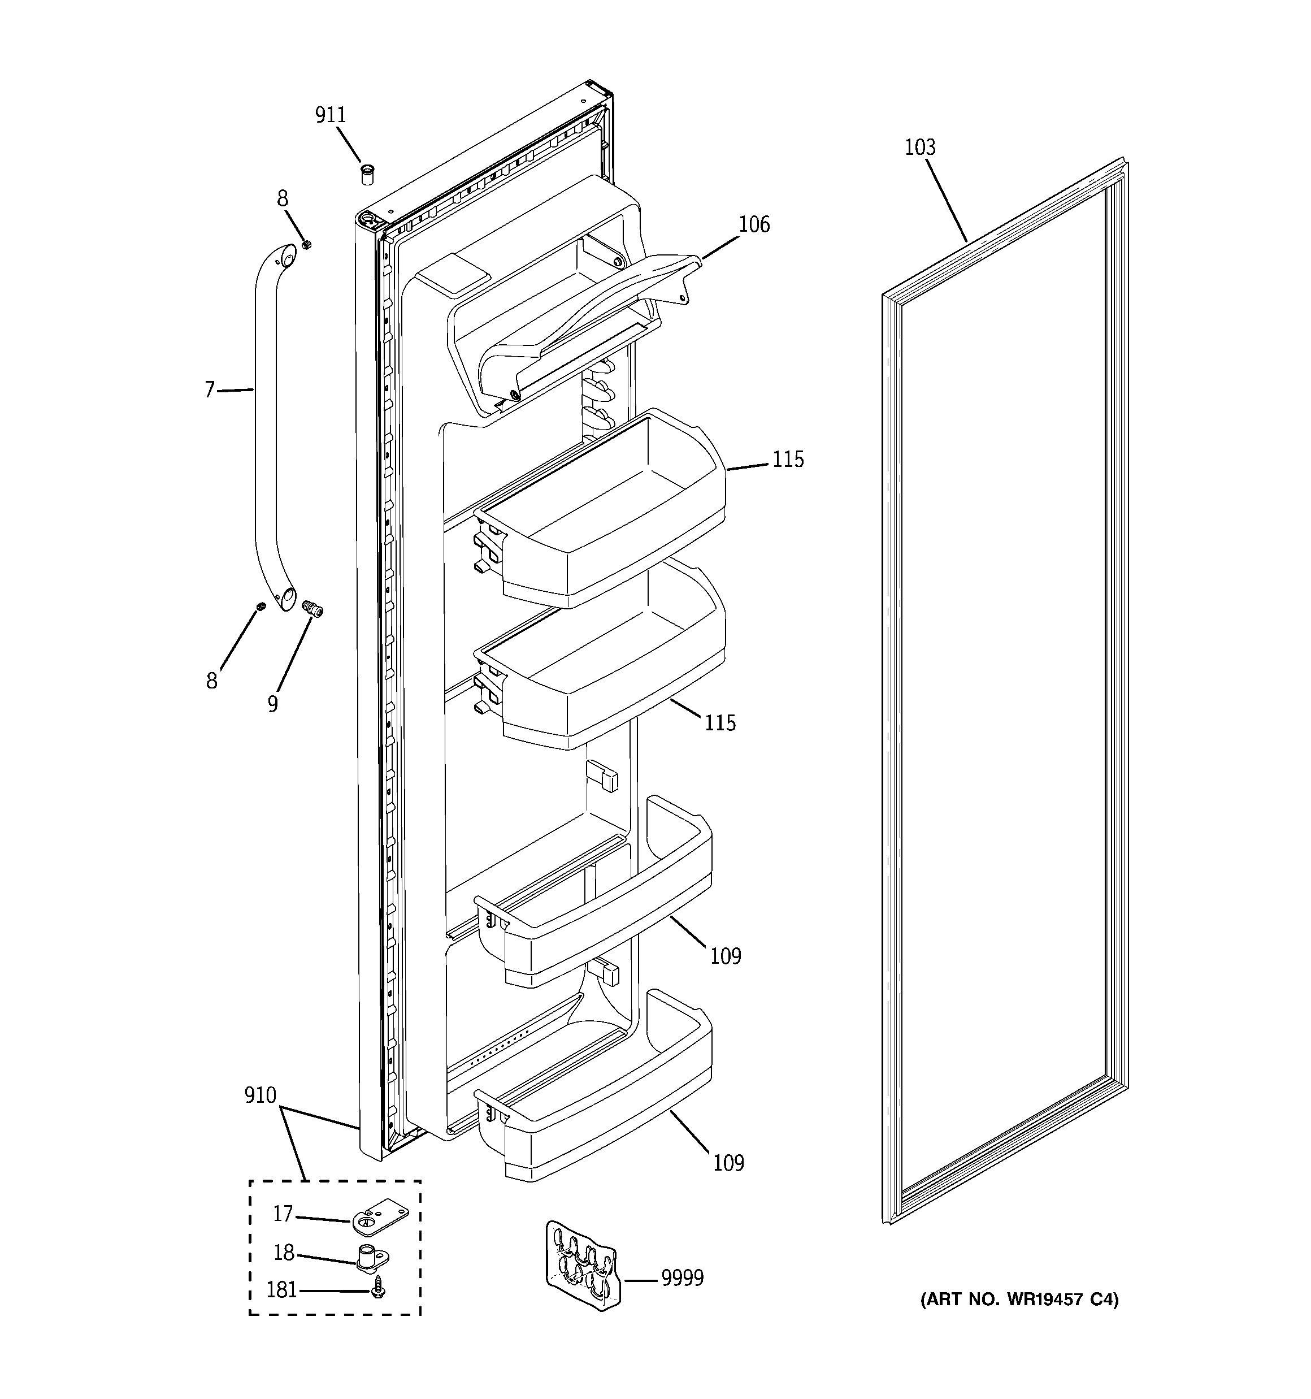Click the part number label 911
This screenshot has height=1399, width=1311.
tap(330, 115)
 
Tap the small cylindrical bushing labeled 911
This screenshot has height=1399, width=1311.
tap(367, 173)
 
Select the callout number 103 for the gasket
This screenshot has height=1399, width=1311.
tap(920, 148)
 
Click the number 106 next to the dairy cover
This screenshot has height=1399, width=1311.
tap(754, 225)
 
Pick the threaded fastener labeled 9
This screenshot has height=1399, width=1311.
tap(312, 609)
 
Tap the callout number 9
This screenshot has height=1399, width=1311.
tap(272, 704)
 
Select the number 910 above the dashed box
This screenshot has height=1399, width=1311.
tap(261, 1095)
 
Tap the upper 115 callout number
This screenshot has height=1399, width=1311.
tap(787, 460)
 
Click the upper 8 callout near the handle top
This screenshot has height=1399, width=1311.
tap(282, 199)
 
